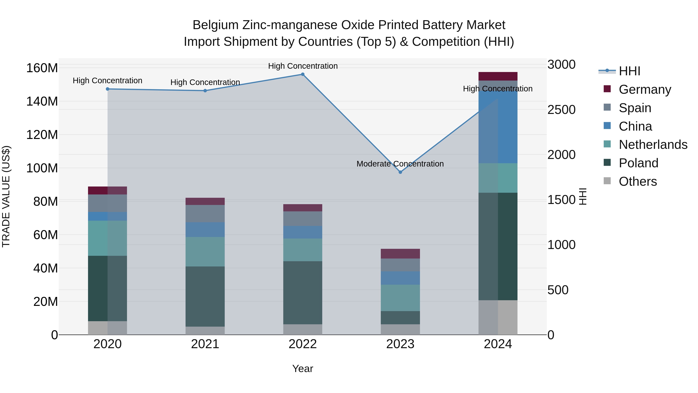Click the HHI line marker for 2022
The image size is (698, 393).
pyautogui.click(x=303, y=74)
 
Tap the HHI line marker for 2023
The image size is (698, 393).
pyautogui.click(x=400, y=172)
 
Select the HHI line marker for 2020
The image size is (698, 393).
pyautogui.click(x=108, y=89)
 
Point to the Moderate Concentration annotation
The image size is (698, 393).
pyautogui.click(x=400, y=164)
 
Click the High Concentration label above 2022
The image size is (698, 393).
pyautogui.click(x=303, y=66)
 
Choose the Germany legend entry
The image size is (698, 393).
pyautogui.click(x=645, y=89)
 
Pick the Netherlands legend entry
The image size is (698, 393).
pyautogui.click(x=653, y=145)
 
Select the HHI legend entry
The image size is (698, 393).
pyautogui.click(x=629, y=71)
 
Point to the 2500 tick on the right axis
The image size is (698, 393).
pyautogui.click(x=561, y=110)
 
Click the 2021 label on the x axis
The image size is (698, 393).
pyautogui.click(x=205, y=344)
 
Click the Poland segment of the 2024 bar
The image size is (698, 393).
pyautogui.click(x=498, y=246)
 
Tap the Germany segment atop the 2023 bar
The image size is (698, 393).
pyautogui.click(x=400, y=254)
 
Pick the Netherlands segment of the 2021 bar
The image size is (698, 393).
pyautogui.click(x=205, y=252)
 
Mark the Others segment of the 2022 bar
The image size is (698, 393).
pyautogui.click(x=303, y=329)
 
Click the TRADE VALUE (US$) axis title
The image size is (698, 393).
pyautogui.click(x=6, y=196)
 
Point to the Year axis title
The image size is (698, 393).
pyautogui.click(x=302, y=369)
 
